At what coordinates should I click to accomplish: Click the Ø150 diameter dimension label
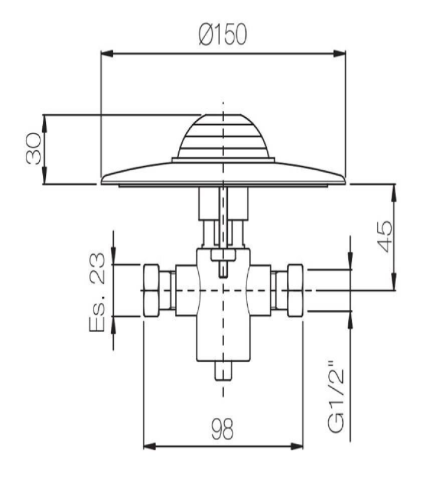coord(222,34)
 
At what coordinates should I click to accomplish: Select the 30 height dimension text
coord(34,149)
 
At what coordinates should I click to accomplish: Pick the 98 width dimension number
coord(222,429)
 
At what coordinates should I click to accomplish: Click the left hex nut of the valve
coord(152,290)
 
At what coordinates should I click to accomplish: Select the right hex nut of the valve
coord(295,290)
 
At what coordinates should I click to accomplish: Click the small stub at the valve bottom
coord(223,369)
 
